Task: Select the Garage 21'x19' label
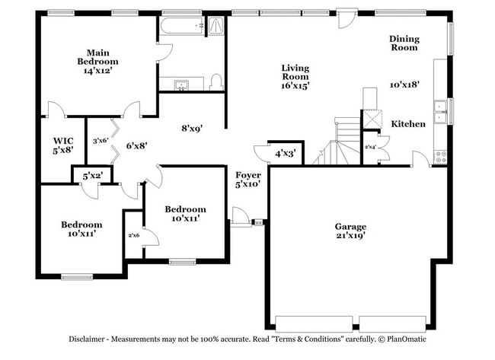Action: pos(350,231)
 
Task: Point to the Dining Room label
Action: pos(404,43)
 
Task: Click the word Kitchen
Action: pos(408,124)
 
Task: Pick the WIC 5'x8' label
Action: pos(63,145)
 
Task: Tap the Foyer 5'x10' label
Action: pos(248,179)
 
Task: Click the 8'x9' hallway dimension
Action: pos(191,129)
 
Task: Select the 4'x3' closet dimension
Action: pos(286,154)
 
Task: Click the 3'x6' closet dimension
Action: pos(100,141)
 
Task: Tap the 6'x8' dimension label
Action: pos(136,144)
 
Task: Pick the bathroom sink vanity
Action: pos(182,84)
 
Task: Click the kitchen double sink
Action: pos(439,111)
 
